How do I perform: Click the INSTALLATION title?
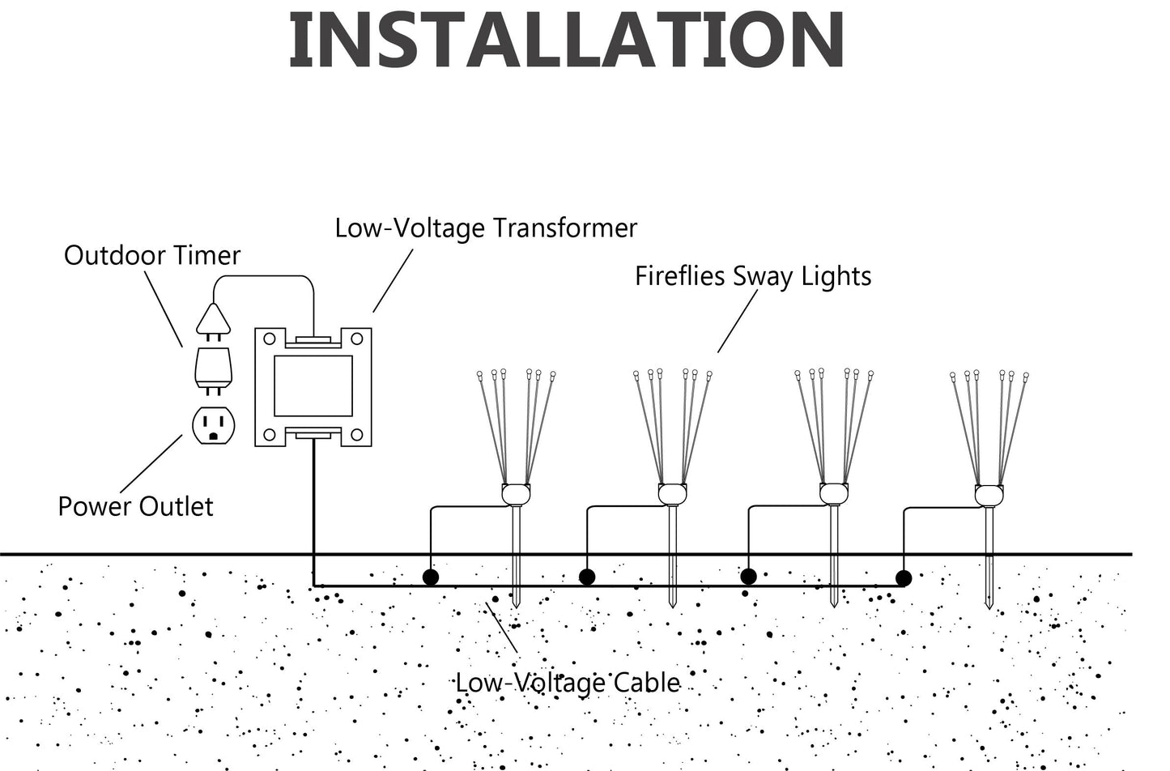tap(567, 40)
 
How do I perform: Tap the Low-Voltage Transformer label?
tap(486, 228)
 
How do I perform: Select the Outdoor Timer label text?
tap(152, 256)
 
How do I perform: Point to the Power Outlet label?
tap(135, 507)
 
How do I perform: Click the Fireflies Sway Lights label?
tap(752, 276)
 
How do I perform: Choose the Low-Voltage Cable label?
tap(567, 683)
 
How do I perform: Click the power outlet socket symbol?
tap(213, 425)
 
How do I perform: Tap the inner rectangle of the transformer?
tap(313, 385)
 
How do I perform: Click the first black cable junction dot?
tap(431, 577)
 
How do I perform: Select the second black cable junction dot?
tap(587, 577)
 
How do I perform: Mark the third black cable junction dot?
tap(749, 576)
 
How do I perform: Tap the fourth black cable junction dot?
tap(904, 577)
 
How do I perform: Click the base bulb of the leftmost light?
tap(516, 493)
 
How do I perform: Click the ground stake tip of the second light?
tap(672, 601)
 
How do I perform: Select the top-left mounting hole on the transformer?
tap(270, 339)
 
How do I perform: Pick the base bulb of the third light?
tap(833, 493)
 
